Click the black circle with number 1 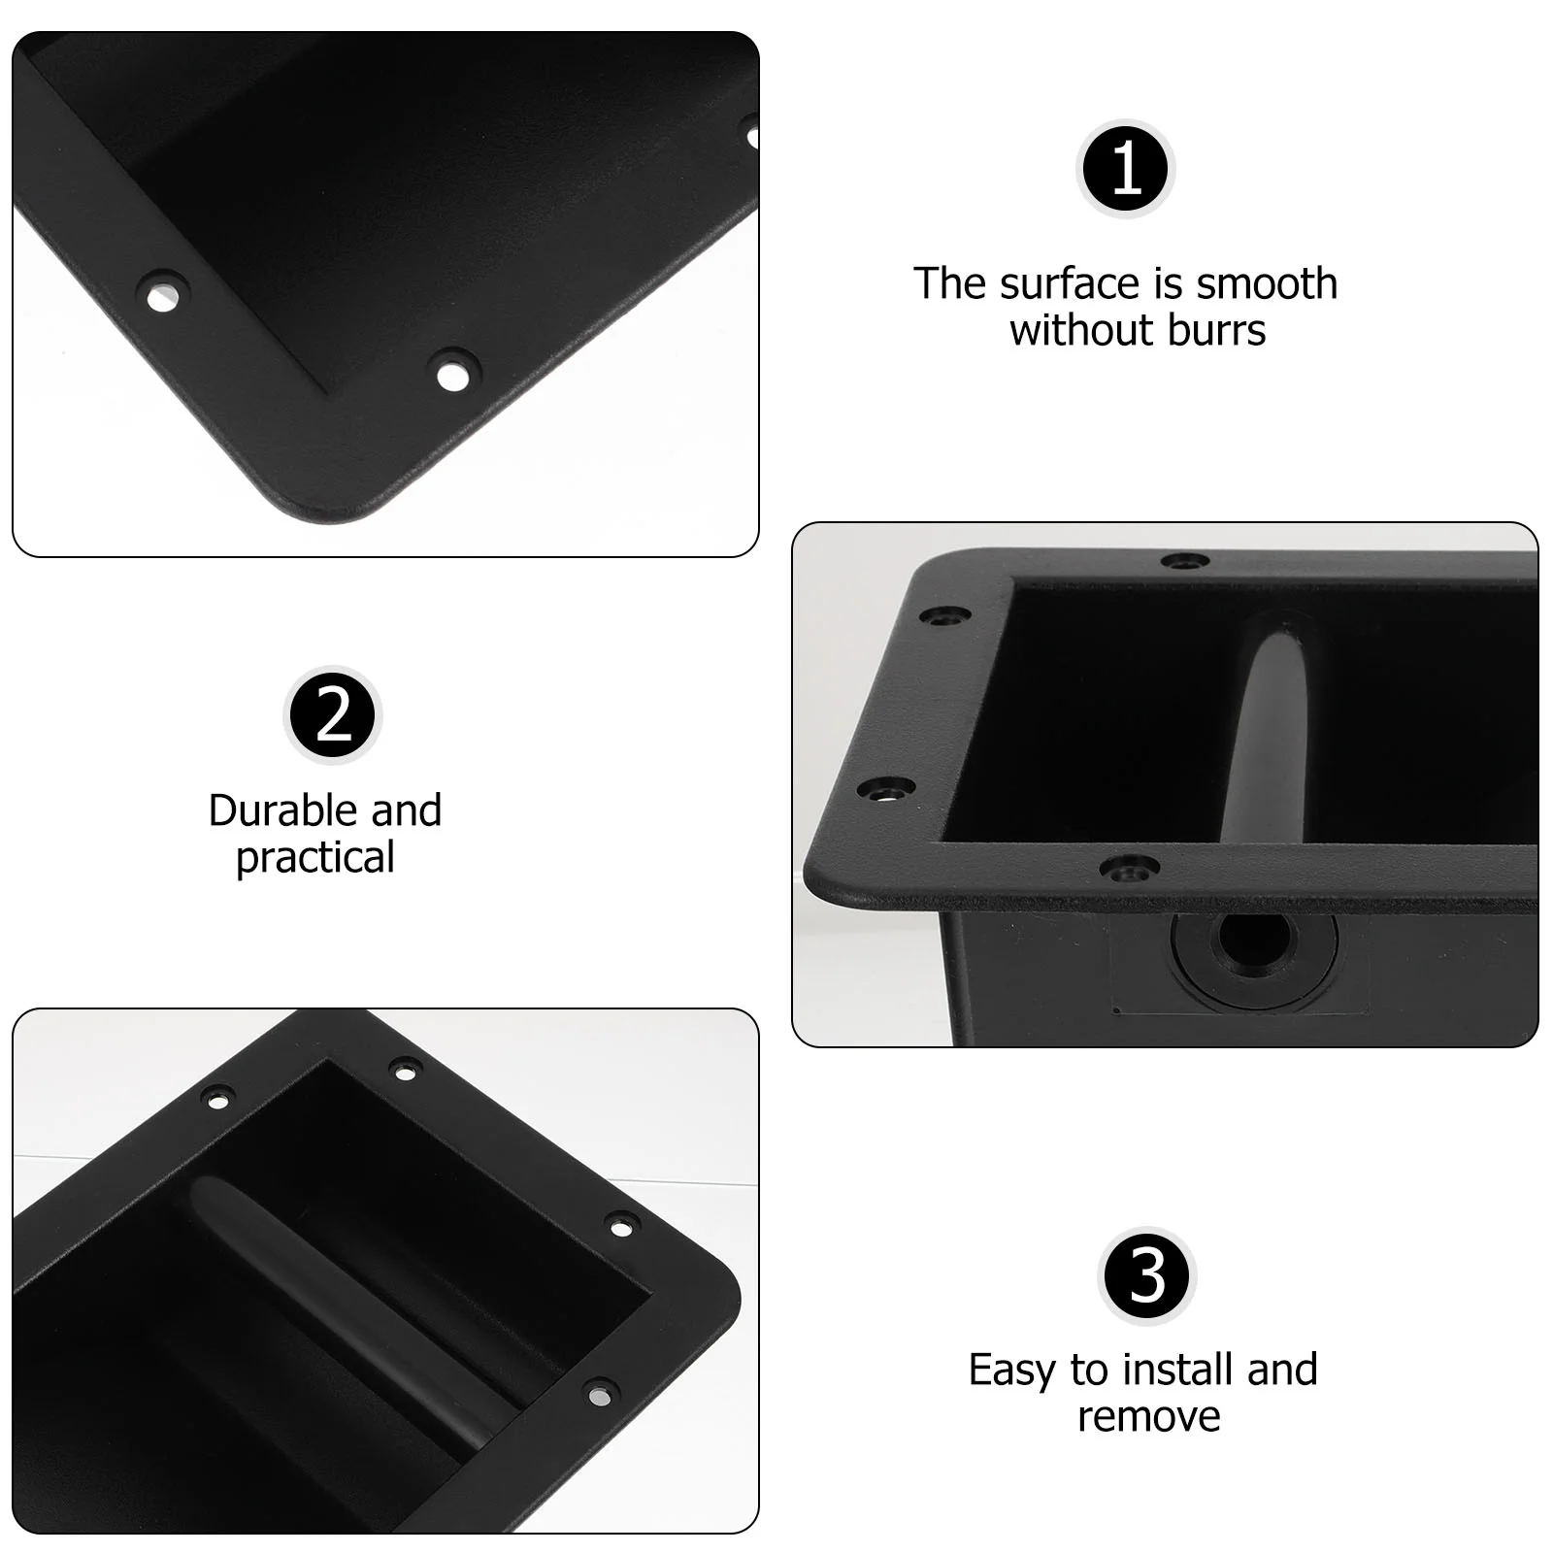tap(1126, 169)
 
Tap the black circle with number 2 tap(333, 716)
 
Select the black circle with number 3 tap(1147, 1275)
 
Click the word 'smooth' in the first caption tap(1267, 283)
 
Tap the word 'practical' tap(315, 857)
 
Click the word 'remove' tap(1148, 1416)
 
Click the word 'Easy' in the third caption tap(1012, 1370)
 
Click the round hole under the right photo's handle tap(1255, 941)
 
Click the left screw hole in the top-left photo tap(162, 293)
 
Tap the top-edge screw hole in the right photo tap(1185, 561)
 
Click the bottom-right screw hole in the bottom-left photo tap(601, 1395)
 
